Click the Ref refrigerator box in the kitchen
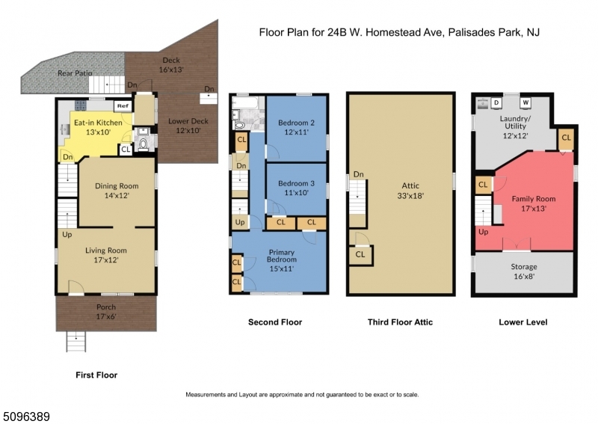[x=123, y=106]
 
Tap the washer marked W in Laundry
[x=525, y=102]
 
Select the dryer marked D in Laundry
[x=496, y=102]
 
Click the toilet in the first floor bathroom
[x=144, y=144]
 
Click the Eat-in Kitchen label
[x=98, y=123]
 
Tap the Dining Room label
[x=117, y=186]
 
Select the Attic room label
[x=410, y=186]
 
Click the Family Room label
[x=534, y=199]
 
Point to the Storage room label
[x=524, y=267]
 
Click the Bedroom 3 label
[x=296, y=183]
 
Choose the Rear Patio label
[x=75, y=73]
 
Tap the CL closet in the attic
[x=360, y=254]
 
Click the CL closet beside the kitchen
[x=126, y=150]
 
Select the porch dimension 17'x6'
[x=106, y=316]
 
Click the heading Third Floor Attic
[x=400, y=322]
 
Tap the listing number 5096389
[x=25, y=417]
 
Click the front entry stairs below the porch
[x=76, y=341]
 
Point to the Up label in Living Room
[x=67, y=234]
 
